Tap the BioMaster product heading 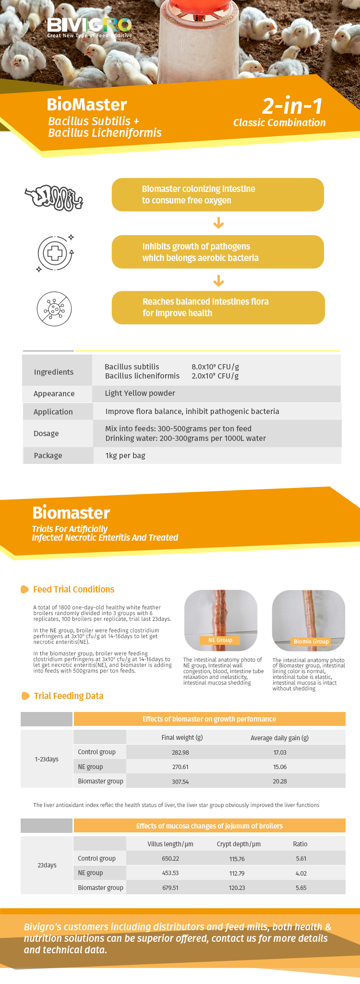(87, 105)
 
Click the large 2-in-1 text (292, 106)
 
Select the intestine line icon (54, 197)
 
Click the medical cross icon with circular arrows (55, 253)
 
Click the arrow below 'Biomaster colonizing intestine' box (218, 223)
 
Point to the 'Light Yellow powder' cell (140, 393)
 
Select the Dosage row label (46, 434)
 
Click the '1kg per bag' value (125, 456)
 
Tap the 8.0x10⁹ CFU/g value (215, 367)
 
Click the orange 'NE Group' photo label (220, 640)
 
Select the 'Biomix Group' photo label (311, 641)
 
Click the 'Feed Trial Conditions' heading (73, 590)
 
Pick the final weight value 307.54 (180, 782)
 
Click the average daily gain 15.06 (280, 767)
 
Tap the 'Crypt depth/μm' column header (239, 844)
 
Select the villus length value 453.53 (170, 873)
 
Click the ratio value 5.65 (301, 888)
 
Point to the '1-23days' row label (47, 759)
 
